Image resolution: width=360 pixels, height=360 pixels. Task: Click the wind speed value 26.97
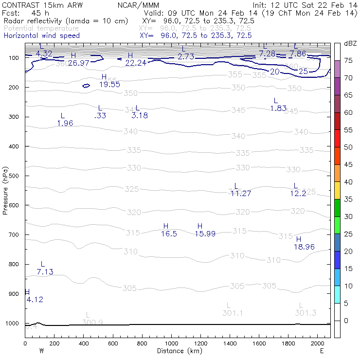point(79,63)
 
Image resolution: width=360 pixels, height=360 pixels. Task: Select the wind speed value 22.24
point(136,63)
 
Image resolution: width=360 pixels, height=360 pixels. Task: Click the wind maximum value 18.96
point(304,247)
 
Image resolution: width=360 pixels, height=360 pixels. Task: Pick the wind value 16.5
point(169,234)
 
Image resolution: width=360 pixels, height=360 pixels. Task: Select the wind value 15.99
point(205,234)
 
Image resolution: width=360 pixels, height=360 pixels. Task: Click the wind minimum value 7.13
point(45,271)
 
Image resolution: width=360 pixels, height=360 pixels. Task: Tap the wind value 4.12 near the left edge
point(35,300)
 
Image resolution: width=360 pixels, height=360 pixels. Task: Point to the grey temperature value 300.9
point(92,322)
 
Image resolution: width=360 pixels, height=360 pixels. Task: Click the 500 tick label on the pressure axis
point(13,176)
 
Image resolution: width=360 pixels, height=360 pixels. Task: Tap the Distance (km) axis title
point(178,351)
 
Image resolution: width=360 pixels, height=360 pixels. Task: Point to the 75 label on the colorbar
point(348,61)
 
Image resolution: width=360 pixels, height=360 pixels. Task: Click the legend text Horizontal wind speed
point(41,36)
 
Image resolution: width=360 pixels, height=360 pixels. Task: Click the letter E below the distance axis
point(322,351)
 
